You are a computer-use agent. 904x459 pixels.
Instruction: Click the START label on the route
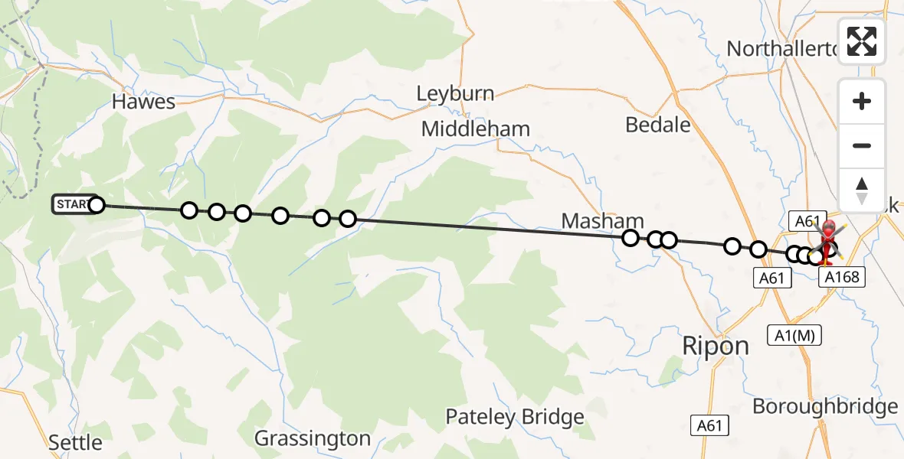pos(70,204)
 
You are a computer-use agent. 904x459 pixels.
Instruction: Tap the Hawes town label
pos(143,102)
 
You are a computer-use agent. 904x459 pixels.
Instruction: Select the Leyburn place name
pos(455,94)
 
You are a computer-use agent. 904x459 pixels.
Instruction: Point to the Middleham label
pos(476,129)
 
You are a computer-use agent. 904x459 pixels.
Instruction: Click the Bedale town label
pos(658,125)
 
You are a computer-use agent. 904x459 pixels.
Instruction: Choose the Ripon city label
pos(716,346)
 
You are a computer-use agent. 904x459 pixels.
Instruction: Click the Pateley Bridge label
pos(515,417)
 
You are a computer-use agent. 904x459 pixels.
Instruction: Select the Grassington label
pos(313,438)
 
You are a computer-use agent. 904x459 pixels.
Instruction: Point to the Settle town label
pos(75,442)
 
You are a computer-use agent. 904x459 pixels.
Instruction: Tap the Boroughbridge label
pos(824,406)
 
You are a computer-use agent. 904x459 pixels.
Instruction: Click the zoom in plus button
pos(862,101)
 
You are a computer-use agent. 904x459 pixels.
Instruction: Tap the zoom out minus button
pos(862,145)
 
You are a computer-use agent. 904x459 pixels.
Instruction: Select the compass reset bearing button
pos(862,190)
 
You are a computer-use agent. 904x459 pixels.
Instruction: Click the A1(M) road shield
pos(789,334)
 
